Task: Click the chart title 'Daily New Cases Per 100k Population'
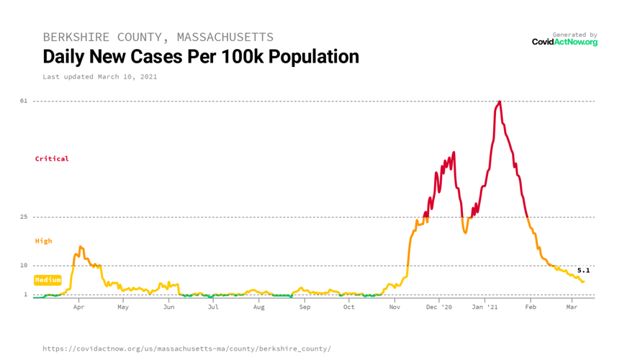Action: click(200, 56)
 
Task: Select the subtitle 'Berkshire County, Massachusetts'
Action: click(158, 37)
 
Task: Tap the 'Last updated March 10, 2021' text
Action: click(99, 76)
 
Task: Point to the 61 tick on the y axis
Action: click(24, 101)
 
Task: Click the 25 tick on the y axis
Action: click(24, 217)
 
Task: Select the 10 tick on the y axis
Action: click(24, 266)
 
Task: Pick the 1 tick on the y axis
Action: click(25, 294)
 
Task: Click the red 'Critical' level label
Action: click(52, 158)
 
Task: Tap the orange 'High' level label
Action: click(43, 241)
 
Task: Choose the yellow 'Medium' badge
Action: click(48, 279)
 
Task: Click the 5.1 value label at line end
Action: click(583, 271)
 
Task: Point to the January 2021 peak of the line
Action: click(499, 102)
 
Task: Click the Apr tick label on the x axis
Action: click(78, 307)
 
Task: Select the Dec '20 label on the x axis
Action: click(438, 307)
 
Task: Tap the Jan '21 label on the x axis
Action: click(484, 307)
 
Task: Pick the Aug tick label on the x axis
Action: click(258, 307)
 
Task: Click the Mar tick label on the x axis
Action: click(572, 307)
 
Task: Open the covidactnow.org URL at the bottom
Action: click(186, 348)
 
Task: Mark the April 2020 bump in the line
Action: click(81, 248)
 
